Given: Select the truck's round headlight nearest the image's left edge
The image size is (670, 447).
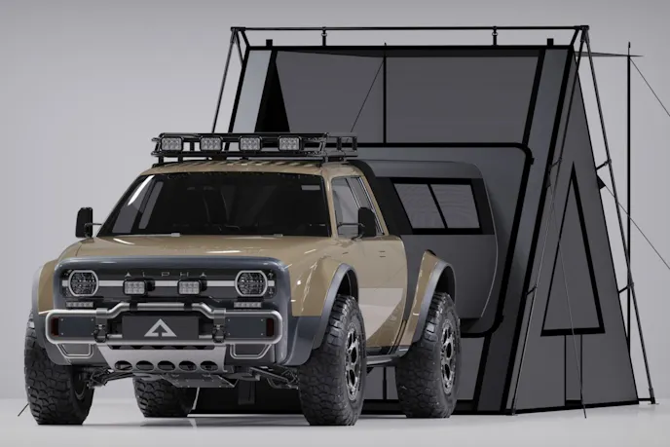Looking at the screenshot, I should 82,283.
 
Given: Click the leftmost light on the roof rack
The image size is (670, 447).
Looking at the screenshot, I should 165,145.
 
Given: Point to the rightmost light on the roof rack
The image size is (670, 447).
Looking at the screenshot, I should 288,143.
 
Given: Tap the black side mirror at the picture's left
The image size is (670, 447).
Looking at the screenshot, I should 84,221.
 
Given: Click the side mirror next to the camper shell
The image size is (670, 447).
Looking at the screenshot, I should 366,221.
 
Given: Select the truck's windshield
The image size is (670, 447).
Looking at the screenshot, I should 219,205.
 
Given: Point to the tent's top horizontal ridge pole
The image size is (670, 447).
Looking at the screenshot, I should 409,29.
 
